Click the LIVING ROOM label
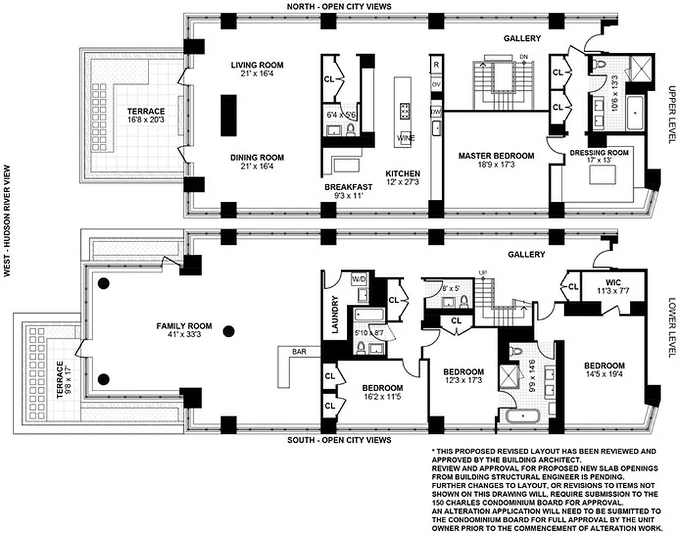(257, 65)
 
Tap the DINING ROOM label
(257, 158)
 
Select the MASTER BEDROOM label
(496, 156)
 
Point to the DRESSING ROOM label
(599, 152)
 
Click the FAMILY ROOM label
(184, 326)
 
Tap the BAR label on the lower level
(300, 350)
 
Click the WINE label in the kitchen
(405, 138)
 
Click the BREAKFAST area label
(344, 187)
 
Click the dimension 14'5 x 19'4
(604, 375)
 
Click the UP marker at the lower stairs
(481, 272)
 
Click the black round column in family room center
(229, 330)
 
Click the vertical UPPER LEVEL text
(672, 114)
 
